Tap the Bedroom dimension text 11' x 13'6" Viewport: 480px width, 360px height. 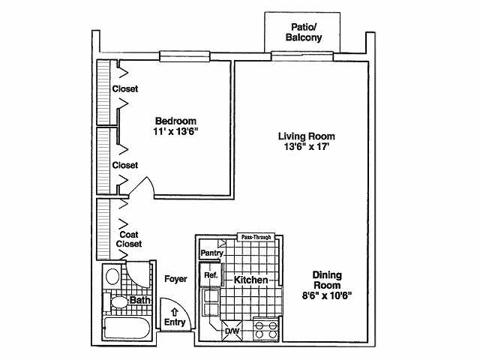tap(176, 132)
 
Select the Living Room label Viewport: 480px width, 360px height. tap(306, 136)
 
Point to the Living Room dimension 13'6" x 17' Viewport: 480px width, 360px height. tap(305, 147)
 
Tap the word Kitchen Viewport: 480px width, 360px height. tap(251, 280)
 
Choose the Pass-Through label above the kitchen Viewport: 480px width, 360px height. tap(256, 236)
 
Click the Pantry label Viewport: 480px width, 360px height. tap(212, 253)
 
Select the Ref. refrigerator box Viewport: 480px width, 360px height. tap(211, 276)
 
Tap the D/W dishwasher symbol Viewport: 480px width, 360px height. tap(232, 330)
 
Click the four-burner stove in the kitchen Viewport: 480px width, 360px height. tap(265, 329)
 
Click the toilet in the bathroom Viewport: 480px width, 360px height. tap(118, 302)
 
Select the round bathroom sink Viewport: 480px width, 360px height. tap(112, 276)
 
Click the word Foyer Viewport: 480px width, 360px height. tap(175, 279)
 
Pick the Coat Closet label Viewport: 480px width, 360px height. tap(130, 239)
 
